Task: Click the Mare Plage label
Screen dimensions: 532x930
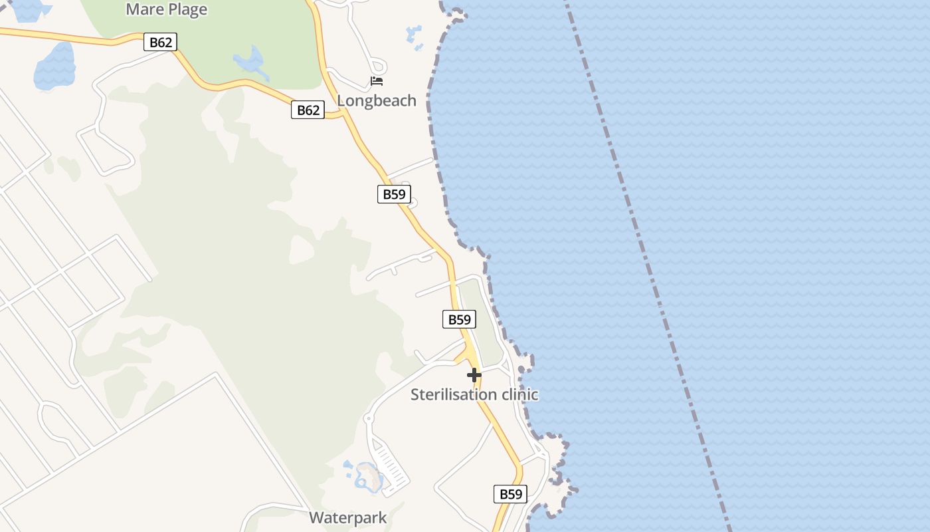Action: click(x=166, y=9)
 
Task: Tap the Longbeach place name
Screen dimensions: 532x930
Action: click(x=377, y=100)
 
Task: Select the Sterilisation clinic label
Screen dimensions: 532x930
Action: click(x=474, y=394)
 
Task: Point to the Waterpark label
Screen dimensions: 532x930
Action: click(x=347, y=517)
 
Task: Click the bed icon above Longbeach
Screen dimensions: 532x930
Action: click(x=377, y=81)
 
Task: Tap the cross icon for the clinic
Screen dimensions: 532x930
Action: click(x=474, y=376)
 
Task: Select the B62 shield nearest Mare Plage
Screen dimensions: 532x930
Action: click(x=160, y=43)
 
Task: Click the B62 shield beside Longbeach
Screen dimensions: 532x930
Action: click(x=308, y=110)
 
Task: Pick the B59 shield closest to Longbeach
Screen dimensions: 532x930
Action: click(x=394, y=194)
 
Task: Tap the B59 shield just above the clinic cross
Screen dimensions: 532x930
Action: click(x=459, y=319)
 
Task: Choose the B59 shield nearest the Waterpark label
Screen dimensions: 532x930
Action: click(x=510, y=494)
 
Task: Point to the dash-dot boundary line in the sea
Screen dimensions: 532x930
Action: click(x=651, y=266)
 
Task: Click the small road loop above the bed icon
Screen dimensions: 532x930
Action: click(x=379, y=66)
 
